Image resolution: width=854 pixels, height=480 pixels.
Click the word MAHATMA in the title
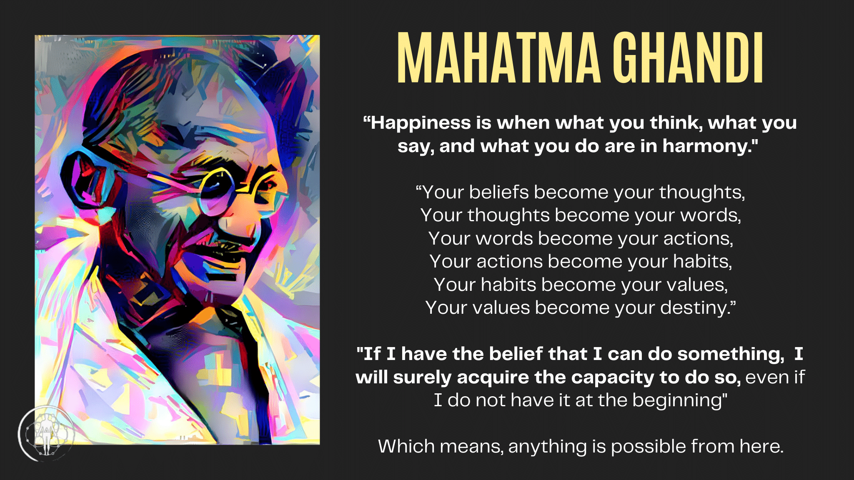(x=499, y=58)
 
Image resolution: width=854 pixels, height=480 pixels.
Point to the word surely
(x=422, y=378)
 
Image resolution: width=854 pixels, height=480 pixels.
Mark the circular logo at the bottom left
(x=46, y=434)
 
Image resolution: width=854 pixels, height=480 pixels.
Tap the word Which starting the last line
(x=406, y=447)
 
